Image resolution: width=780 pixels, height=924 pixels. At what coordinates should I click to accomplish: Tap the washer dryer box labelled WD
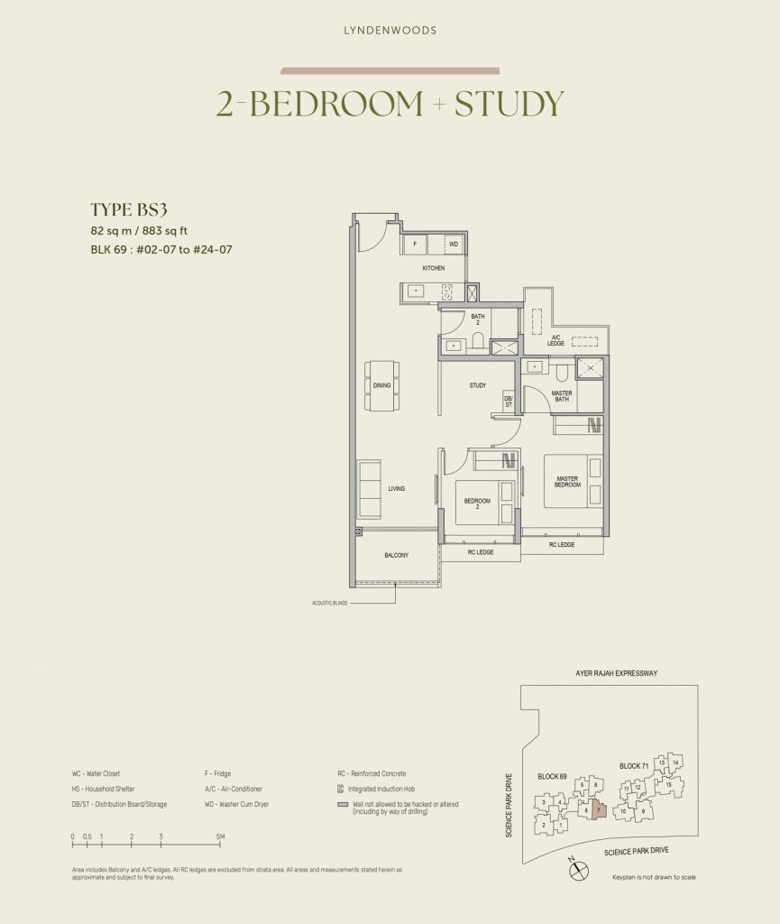(x=454, y=244)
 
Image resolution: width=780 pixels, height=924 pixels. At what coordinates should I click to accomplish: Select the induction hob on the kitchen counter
(x=445, y=291)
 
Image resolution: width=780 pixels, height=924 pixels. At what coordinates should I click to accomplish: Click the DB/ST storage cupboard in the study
(x=509, y=402)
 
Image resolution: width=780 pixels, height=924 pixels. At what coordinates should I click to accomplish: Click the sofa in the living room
(x=369, y=488)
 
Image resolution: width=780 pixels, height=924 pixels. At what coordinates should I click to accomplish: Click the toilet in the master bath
(x=561, y=370)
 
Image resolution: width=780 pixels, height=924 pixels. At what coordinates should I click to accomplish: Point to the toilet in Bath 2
(x=479, y=341)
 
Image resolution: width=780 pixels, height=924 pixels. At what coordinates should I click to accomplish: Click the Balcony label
(x=397, y=556)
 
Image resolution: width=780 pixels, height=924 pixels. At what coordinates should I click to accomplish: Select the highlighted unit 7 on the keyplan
(x=597, y=810)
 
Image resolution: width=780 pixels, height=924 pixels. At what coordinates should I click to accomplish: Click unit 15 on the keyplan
(x=668, y=785)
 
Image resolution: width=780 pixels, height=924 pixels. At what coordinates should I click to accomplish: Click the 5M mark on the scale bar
(x=220, y=837)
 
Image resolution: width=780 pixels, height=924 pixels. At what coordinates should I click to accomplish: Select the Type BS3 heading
(x=129, y=209)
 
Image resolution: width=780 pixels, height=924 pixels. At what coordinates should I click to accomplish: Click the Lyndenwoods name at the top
(x=390, y=31)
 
